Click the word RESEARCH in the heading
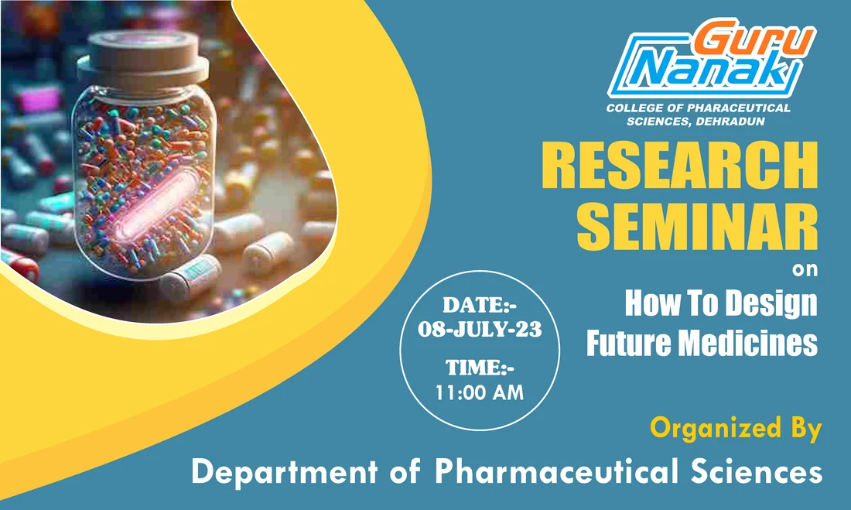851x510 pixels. tap(678, 167)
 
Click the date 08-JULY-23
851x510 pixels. tap(480, 329)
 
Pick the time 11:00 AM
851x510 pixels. tap(480, 392)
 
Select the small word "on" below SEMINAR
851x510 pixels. tap(805, 271)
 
